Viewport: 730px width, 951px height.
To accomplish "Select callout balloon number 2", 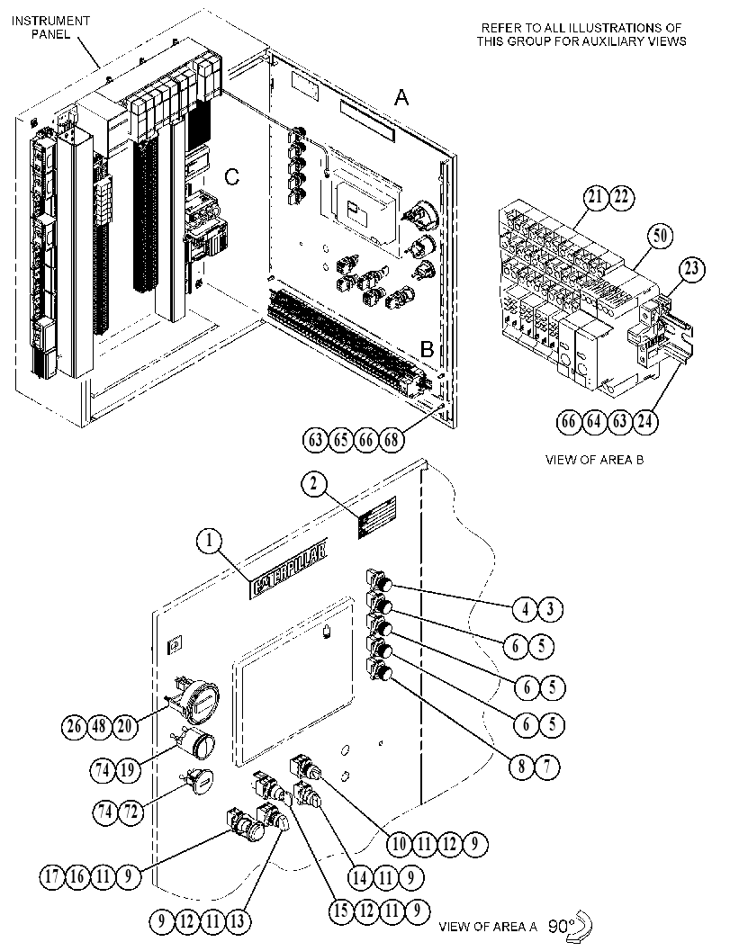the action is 314,484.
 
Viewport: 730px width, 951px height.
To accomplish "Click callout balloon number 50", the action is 660,236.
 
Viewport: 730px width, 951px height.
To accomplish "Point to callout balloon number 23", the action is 692,268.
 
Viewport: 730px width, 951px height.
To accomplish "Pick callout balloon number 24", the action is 645,421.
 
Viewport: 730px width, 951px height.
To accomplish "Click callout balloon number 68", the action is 392,439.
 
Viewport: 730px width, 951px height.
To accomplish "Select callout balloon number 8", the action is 521,767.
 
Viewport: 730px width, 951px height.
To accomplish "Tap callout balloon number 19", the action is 128,769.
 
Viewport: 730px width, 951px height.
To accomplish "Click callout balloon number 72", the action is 130,811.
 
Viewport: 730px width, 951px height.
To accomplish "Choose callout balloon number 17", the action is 53,877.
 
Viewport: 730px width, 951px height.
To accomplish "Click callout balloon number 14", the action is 360,877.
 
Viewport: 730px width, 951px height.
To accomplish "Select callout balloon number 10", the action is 400,844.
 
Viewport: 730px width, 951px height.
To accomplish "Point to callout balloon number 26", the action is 75,726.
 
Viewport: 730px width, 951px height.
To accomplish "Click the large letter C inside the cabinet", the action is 232,177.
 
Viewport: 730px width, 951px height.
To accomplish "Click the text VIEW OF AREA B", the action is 595,459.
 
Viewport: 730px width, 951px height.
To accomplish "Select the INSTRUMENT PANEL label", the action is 51,27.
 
